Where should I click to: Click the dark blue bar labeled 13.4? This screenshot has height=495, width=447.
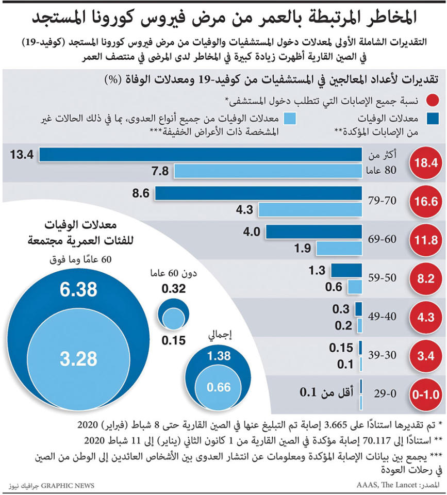(x=201, y=154)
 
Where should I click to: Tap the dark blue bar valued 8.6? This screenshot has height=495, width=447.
(x=258, y=193)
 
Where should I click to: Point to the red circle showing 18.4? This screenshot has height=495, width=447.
(x=425, y=163)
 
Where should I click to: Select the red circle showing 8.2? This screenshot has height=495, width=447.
(x=425, y=279)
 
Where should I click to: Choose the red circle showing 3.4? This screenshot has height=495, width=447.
(x=425, y=356)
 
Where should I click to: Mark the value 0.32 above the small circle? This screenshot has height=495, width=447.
(x=173, y=289)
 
